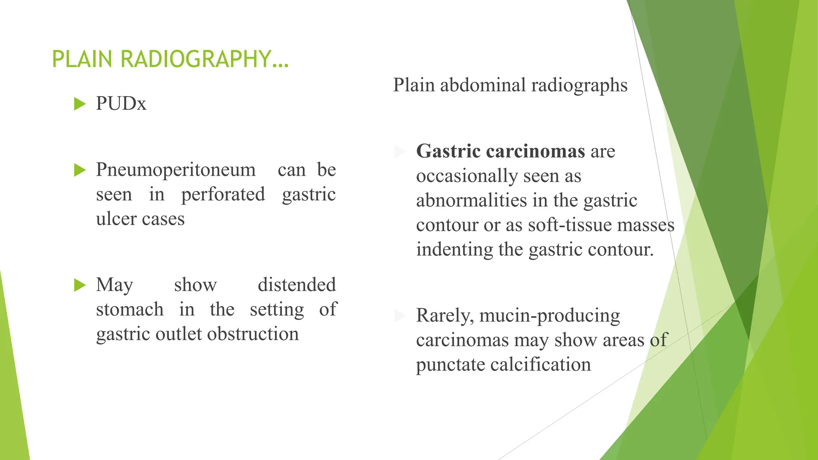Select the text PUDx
pos(121,104)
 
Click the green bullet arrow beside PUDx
pos(80,104)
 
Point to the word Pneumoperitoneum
pos(176,170)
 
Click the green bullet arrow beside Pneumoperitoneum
pos(80,170)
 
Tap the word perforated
pos(223,195)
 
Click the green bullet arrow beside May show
pos(80,285)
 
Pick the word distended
pos(296,285)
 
